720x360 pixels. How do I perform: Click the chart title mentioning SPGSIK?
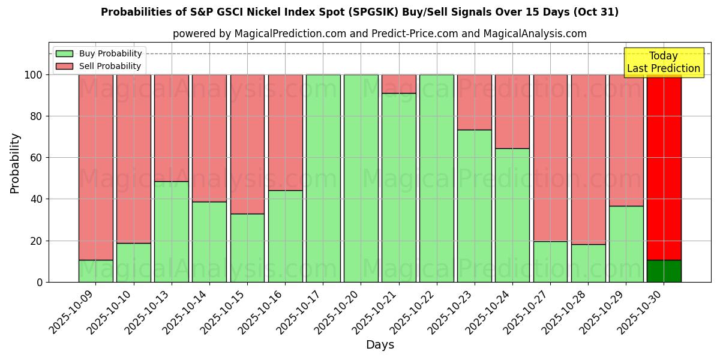click(359, 12)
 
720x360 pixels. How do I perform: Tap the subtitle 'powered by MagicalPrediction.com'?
click(379, 34)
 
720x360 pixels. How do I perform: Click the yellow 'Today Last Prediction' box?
click(663, 62)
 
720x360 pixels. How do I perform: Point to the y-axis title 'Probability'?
click(15, 163)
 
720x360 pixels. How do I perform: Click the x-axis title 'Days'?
click(380, 344)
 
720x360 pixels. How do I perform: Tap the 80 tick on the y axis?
click(36, 116)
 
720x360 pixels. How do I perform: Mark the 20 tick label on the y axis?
click(36, 241)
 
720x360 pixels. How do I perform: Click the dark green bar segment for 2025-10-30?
click(664, 271)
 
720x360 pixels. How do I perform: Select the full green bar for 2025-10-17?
click(323, 178)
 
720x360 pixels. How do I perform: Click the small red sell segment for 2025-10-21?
click(398, 84)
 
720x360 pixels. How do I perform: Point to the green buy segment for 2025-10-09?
click(95, 271)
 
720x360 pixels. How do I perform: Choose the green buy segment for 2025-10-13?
click(172, 232)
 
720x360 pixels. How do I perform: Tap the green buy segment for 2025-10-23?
click(474, 206)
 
